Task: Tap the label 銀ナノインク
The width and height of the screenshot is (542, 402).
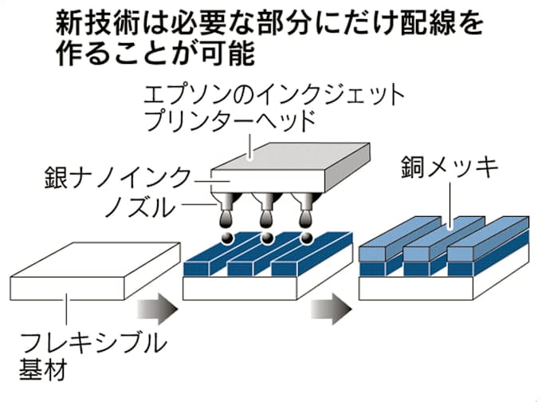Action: pos(117,176)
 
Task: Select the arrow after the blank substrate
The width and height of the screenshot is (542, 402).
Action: pos(157,308)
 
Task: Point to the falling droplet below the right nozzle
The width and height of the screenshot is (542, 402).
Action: pos(306,238)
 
